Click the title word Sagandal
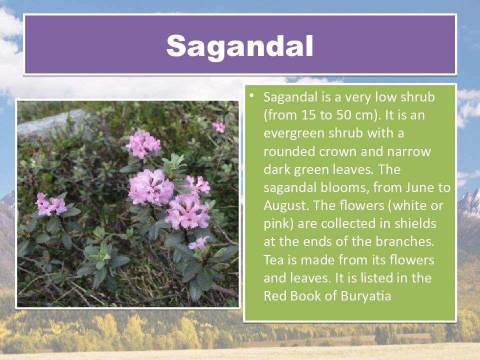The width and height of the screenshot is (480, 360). (x=239, y=46)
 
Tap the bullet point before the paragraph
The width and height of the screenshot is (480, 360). (x=251, y=95)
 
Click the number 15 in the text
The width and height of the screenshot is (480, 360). (x=308, y=115)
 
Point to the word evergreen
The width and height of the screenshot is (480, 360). (x=294, y=133)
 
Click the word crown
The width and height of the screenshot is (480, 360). (x=341, y=151)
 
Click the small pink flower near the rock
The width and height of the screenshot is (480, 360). (x=219, y=126)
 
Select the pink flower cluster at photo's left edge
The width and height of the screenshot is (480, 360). (x=50, y=204)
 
